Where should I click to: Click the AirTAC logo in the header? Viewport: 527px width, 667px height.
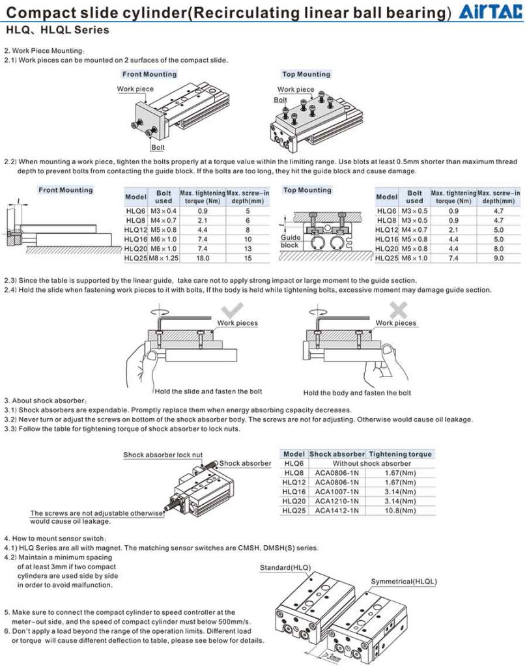[492, 12]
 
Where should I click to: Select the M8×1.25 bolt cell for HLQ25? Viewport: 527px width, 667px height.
[164, 258]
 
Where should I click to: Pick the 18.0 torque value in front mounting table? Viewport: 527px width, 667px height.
[202, 258]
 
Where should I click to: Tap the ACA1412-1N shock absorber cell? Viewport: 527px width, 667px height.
[337, 511]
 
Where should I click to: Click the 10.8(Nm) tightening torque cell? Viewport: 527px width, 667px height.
[400, 511]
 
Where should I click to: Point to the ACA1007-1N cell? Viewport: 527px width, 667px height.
[337, 491]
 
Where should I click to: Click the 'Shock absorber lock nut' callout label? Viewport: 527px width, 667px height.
[163, 455]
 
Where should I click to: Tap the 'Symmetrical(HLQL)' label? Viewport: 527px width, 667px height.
[404, 581]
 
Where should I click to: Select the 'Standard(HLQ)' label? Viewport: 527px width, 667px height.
[285, 568]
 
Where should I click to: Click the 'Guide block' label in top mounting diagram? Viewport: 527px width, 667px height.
[290, 242]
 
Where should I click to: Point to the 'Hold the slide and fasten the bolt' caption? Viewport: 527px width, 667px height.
[208, 391]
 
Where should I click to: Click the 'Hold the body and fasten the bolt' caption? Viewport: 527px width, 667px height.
[357, 393]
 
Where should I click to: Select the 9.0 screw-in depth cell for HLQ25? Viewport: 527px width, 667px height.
[498, 258]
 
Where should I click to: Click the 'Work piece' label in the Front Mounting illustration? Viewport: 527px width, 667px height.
[135, 89]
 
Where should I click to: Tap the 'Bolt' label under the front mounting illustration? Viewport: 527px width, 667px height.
[158, 147]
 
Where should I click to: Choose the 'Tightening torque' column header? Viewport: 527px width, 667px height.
[400, 454]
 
